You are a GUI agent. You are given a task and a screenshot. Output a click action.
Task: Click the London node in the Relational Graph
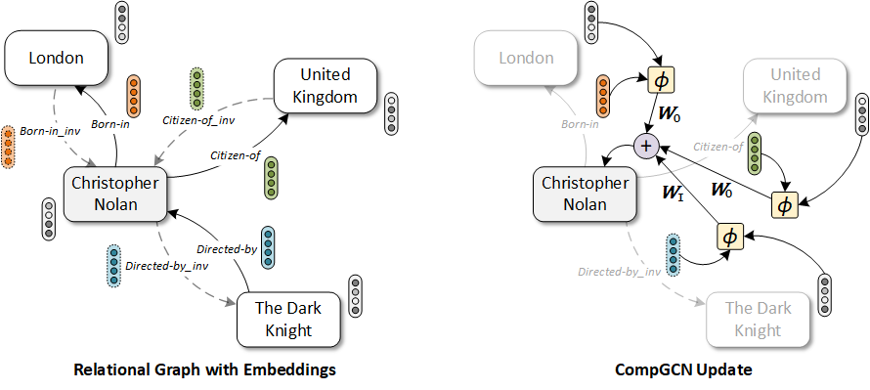pos(56,58)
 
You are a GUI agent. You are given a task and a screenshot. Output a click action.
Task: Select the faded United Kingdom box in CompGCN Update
pos(795,86)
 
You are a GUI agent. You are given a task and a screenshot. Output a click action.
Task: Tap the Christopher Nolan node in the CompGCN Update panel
pos(586,194)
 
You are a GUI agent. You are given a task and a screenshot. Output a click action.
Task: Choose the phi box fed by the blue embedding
pos(729,237)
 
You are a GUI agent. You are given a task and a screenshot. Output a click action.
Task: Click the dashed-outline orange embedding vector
pos(9,146)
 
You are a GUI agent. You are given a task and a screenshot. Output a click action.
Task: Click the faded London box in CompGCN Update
pos(526,58)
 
